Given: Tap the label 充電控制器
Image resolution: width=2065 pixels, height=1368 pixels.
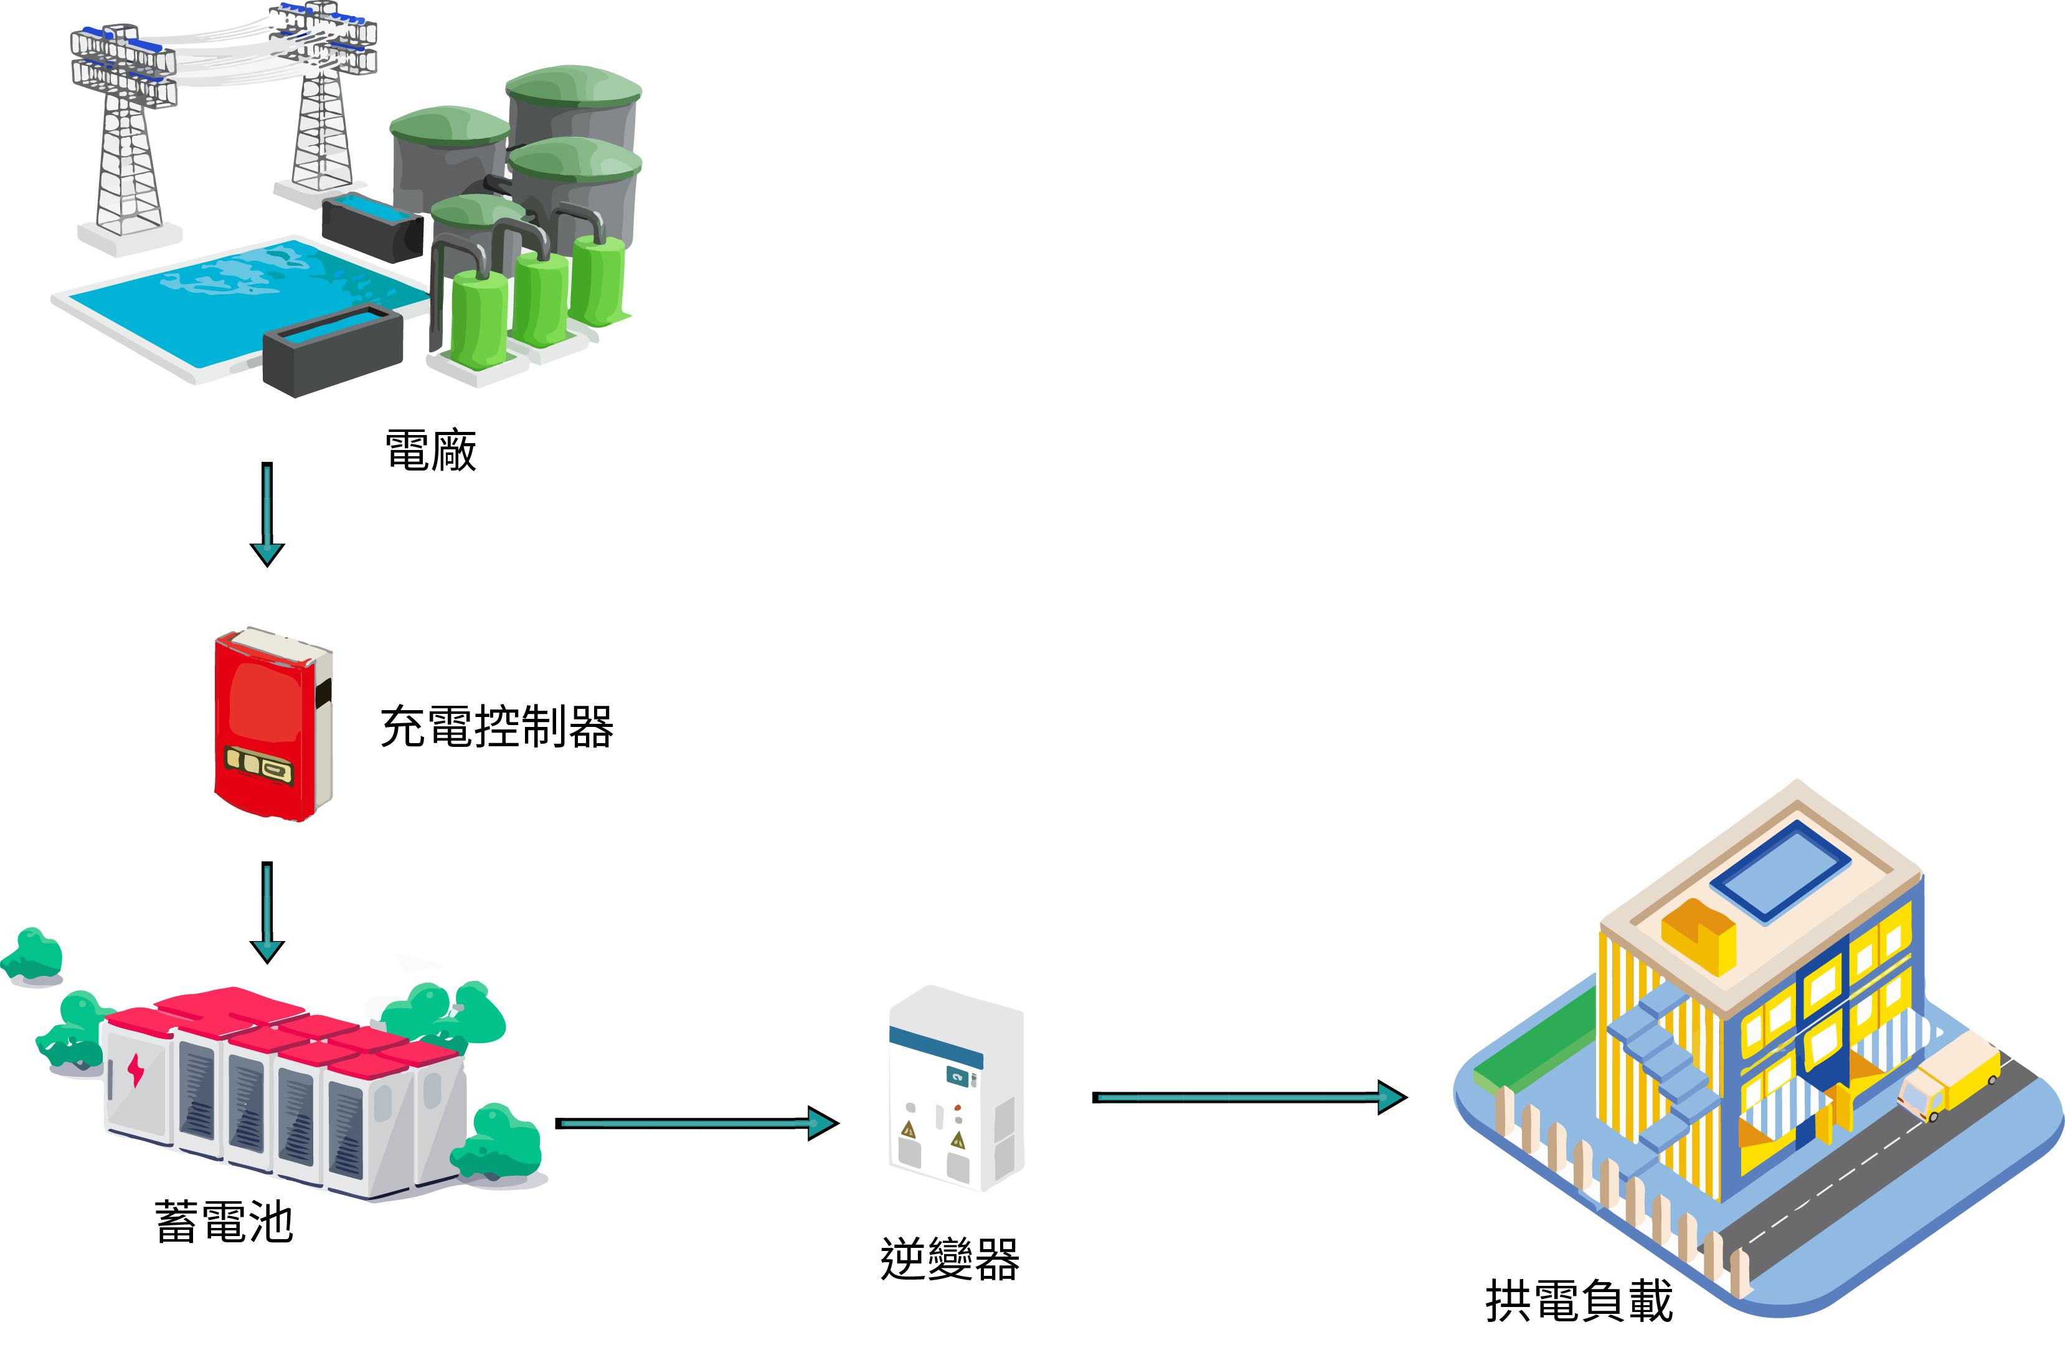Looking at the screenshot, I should [496, 727].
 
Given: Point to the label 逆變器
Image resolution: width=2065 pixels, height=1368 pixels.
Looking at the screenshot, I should [950, 1259].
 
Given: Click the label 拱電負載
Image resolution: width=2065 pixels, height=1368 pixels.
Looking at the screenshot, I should [1578, 1301].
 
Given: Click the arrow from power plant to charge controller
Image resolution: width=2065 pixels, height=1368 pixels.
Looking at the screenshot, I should [267, 514].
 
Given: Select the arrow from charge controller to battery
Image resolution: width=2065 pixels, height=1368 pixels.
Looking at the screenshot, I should [267, 912].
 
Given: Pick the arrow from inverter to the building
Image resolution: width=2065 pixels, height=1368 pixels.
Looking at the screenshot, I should [1248, 1097].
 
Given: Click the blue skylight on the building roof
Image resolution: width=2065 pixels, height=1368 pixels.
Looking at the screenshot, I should [1780, 870].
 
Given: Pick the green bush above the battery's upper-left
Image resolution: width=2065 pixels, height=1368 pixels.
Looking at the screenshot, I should [35, 953].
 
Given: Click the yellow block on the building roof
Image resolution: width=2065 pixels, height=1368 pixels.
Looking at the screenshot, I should [1698, 939].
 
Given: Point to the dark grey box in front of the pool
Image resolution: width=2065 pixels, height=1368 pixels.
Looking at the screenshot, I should [332, 354].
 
